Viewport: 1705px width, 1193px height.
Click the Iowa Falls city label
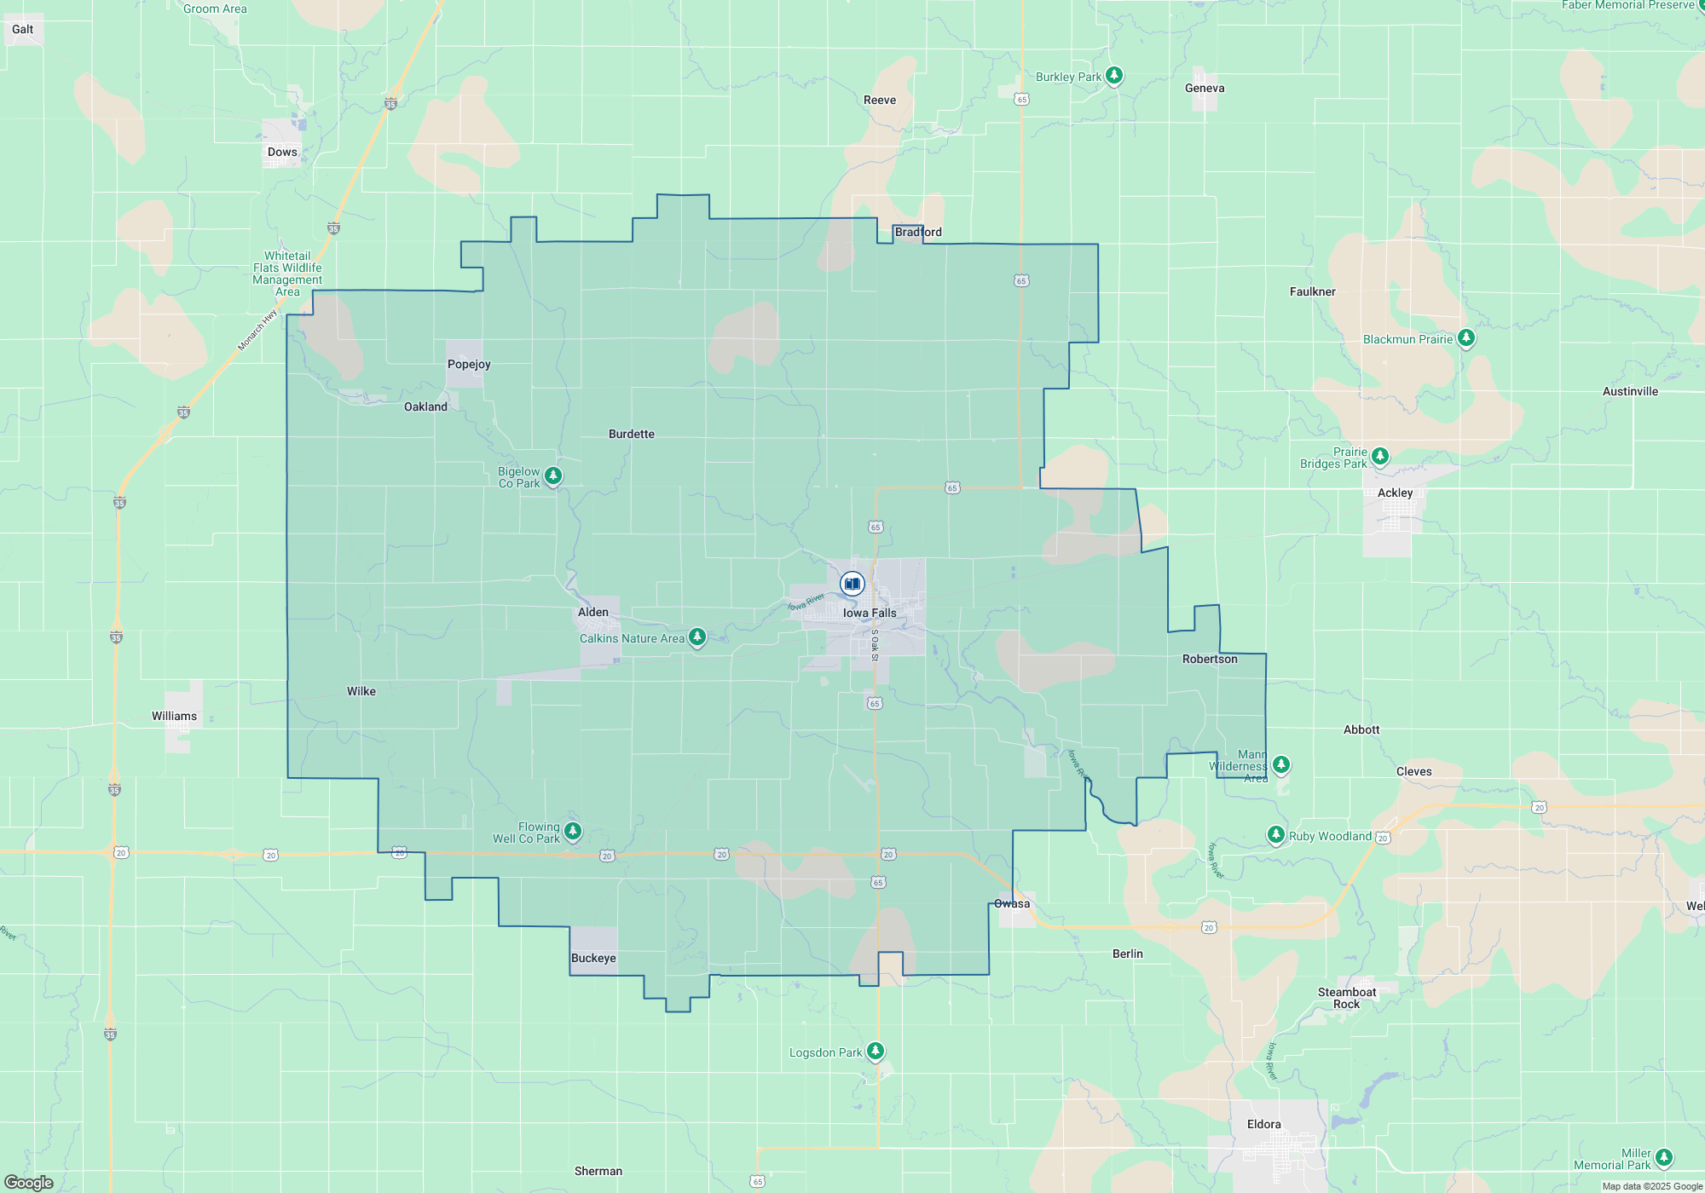pos(870,613)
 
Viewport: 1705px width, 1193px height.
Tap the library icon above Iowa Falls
pos(852,584)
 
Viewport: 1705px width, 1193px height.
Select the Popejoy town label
pos(469,364)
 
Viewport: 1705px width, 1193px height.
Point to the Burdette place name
pos(632,434)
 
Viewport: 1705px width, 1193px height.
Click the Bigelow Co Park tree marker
pos(553,475)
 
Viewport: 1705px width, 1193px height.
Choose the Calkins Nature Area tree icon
pos(697,637)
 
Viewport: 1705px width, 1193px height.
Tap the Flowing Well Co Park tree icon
pos(573,831)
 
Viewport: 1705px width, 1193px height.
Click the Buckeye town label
pos(593,958)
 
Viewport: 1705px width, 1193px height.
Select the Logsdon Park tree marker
pos(876,1051)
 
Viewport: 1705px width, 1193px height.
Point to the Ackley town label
pos(1395,493)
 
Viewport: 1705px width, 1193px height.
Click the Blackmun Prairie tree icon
pos(1466,338)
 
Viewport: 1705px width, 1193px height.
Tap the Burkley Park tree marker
pos(1114,76)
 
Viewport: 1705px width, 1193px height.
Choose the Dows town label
pos(282,152)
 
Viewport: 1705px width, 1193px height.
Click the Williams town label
pos(174,716)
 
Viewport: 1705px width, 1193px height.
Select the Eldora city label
pos(1263,1124)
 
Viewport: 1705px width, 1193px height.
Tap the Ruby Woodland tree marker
pos(1276,834)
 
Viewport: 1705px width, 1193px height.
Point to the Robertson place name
pos(1210,659)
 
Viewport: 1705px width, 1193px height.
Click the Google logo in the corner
pos(29,1182)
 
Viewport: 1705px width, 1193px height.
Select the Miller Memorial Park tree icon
pos(1664,1157)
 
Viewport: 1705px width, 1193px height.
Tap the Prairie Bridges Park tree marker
pos(1380,457)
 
